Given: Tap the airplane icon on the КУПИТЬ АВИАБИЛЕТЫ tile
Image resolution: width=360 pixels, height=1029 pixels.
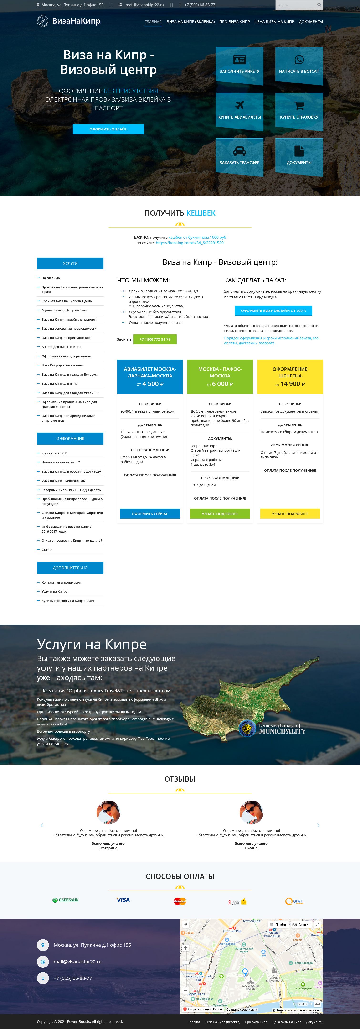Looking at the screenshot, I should pyautogui.click(x=239, y=105).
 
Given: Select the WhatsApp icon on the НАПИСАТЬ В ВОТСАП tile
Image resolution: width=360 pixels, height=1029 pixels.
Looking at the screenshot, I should pyautogui.click(x=299, y=60).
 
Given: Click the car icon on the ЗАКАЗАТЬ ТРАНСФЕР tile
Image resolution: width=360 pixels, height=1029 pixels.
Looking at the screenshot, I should pyautogui.click(x=239, y=151).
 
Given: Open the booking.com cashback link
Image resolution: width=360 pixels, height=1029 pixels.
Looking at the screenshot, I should pyautogui.click(x=189, y=243).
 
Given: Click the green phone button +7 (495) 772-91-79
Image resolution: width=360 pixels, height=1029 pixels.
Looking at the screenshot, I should pyautogui.click(x=155, y=339).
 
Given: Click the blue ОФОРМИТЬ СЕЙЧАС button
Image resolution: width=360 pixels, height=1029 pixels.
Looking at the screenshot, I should pyautogui.click(x=150, y=514).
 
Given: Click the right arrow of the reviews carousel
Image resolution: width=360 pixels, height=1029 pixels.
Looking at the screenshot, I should pyautogui.click(x=318, y=825).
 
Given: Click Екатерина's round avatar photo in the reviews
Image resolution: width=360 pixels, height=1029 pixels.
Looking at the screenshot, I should pyautogui.click(x=108, y=812).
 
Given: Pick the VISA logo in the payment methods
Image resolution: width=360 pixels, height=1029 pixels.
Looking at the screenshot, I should pyautogui.click(x=123, y=900).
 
